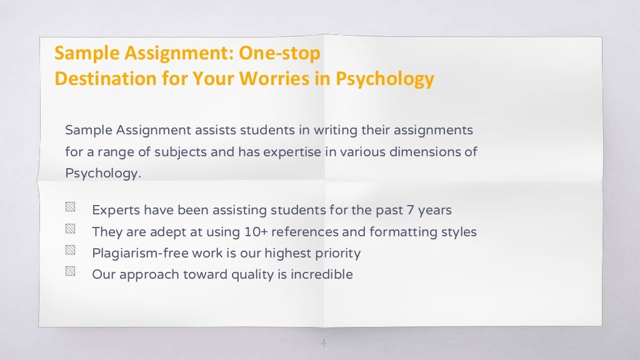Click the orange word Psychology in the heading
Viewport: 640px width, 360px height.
pos(385,79)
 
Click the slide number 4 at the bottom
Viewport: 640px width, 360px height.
pos(323,343)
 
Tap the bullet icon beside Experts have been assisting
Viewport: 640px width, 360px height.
pos(70,209)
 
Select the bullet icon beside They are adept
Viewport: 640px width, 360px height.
pos(70,231)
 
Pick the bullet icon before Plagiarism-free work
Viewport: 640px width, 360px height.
pos(70,252)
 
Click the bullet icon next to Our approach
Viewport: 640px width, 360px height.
pos(70,273)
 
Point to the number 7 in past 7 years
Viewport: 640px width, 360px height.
pos(419,210)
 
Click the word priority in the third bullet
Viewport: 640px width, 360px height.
pos(338,253)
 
